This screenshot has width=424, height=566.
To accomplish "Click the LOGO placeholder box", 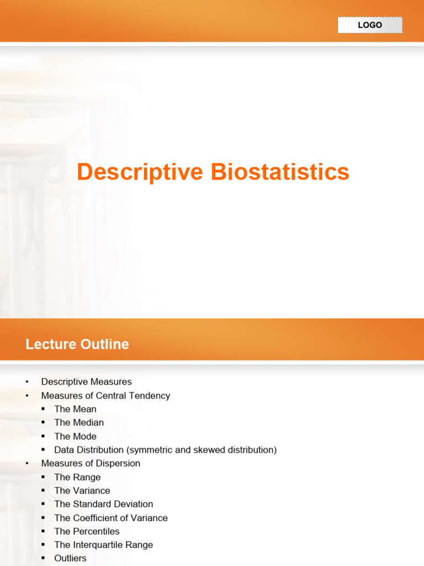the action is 370,25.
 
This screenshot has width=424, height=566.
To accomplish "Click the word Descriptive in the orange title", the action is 140,172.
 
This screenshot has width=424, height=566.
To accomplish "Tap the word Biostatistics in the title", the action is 280,171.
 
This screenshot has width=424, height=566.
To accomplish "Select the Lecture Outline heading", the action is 77,344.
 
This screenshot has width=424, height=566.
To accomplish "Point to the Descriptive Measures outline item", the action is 87,381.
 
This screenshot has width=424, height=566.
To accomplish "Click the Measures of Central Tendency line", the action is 105,396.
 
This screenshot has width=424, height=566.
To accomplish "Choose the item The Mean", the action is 75,409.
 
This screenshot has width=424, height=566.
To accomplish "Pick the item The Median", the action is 79,422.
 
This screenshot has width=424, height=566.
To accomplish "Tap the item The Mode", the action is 75,436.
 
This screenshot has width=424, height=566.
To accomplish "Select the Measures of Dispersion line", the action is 91,463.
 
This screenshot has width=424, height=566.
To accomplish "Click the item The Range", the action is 77,477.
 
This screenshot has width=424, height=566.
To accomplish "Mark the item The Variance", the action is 82,491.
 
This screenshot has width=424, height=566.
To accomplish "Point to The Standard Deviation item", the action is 104,504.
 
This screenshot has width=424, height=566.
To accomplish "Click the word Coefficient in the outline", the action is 94,518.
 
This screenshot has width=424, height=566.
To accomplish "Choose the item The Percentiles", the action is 87,531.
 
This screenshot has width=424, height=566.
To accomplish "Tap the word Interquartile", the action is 98,544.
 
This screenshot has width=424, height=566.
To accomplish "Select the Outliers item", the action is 70,558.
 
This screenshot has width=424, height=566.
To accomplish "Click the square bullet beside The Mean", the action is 43,409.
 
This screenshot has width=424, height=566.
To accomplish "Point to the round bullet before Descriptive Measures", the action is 27,382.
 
